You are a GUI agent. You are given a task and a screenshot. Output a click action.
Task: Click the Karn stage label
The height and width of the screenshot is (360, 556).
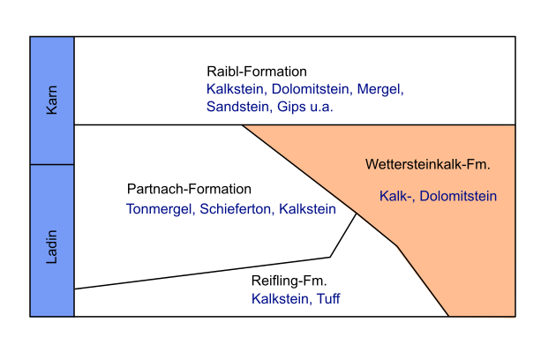(52, 101)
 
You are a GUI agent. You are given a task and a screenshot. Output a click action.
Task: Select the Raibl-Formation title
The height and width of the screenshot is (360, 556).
(257, 71)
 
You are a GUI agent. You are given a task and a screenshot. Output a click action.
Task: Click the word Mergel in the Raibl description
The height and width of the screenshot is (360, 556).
(379, 89)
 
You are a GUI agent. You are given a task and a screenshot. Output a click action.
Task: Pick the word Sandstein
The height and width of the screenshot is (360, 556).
(236, 106)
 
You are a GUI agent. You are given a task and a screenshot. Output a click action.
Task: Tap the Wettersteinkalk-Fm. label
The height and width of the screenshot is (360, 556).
(427, 165)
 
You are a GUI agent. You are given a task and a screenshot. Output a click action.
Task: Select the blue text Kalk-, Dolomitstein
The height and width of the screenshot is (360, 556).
(439, 196)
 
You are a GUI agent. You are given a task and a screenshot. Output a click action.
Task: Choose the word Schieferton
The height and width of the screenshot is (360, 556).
(237, 209)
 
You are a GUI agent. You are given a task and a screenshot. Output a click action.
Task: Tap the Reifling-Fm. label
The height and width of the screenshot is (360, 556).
(289, 281)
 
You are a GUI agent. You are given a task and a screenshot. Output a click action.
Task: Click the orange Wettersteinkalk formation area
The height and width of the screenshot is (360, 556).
(468, 256)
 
